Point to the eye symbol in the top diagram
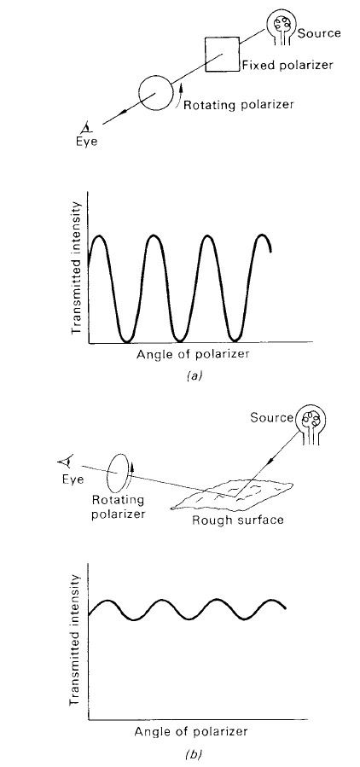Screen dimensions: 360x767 point(86,129)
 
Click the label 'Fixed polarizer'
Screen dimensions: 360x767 point(287,65)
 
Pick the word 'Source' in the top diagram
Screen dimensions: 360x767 point(319,33)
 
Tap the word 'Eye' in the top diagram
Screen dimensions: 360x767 point(89,142)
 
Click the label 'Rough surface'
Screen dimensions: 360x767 point(238,519)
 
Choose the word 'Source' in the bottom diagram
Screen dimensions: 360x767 point(271,418)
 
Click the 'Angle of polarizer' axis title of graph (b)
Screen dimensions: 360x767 point(191,732)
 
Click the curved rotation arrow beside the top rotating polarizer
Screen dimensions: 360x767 point(179,96)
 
